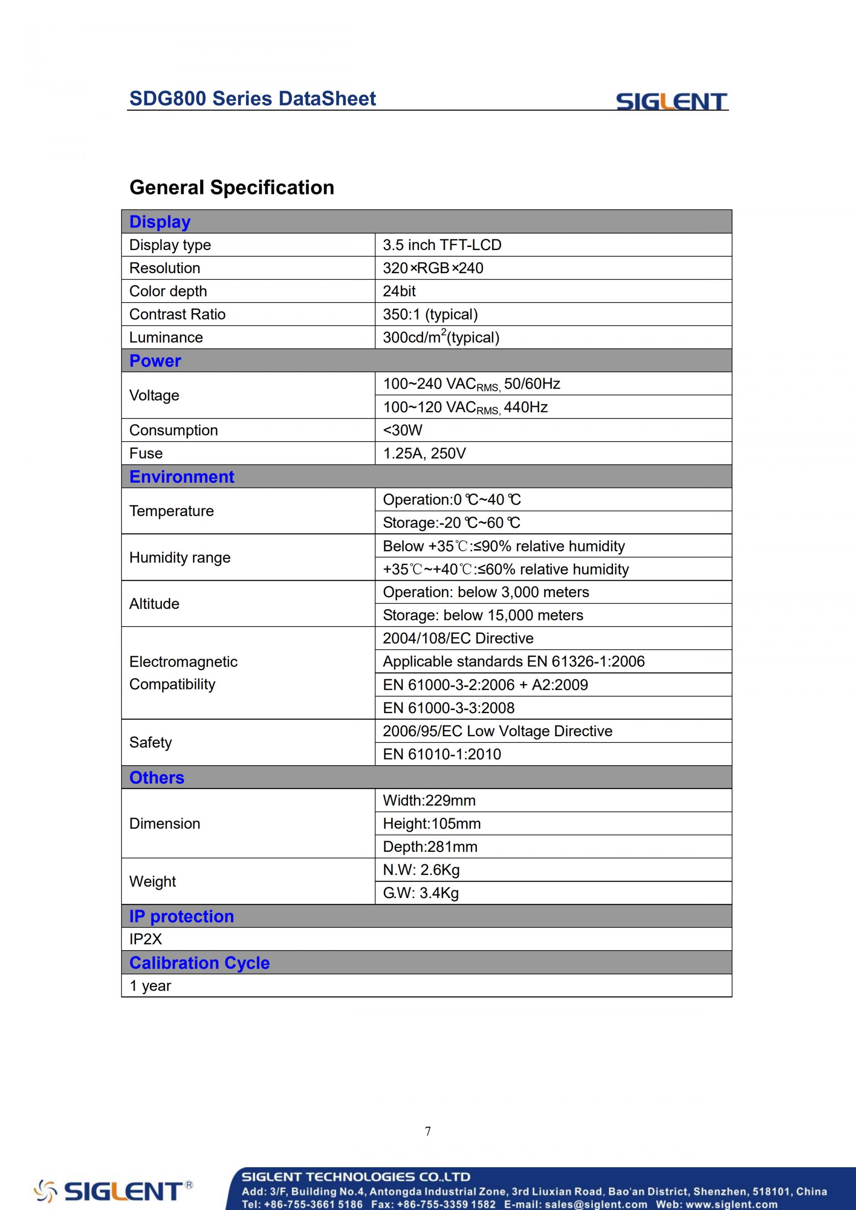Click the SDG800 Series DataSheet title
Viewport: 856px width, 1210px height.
tap(252, 98)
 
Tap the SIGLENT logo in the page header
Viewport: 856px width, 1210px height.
tap(671, 101)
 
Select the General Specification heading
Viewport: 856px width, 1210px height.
tap(231, 188)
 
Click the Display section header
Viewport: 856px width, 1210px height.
tap(160, 222)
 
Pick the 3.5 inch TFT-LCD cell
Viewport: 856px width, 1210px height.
tap(442, 245)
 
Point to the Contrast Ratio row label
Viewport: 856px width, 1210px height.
tap(177, 315)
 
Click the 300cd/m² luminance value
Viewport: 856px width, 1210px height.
tap(440, 337)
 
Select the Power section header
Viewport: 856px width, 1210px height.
tap(155, 361)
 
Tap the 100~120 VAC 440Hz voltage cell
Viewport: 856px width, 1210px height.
tap(465, 407)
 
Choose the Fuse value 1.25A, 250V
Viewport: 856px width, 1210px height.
tap(424, 454)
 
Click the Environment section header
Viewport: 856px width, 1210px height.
tap(182, 477)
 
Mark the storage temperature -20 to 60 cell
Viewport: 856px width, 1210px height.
tap(451, 523)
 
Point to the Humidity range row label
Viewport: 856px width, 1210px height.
tap(180, 558)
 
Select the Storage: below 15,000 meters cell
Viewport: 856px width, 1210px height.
tap(483, 615)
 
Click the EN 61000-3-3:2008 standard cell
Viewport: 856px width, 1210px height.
tap(449, 708)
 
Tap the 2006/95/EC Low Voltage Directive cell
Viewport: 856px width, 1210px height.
tap(497, 731)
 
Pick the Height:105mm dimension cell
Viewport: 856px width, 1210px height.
tap(431, 824)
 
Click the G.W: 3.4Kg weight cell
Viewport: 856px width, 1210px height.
tap(420, 893)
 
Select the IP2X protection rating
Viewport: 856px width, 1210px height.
tap(145, 939)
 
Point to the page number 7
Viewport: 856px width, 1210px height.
tap(428, 1132)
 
